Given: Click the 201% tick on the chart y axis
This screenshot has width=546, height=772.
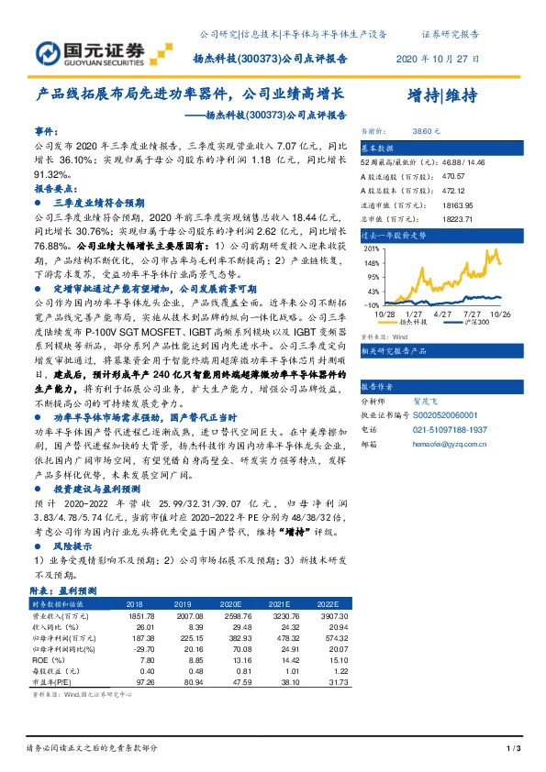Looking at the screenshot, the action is tap(373, 248).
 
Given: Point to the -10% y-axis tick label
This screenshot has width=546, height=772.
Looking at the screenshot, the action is tap(372, 304).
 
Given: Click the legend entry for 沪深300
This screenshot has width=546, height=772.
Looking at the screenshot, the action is tap(475, 323).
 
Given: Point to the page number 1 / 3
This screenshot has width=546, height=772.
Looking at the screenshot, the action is tap(514, 750).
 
